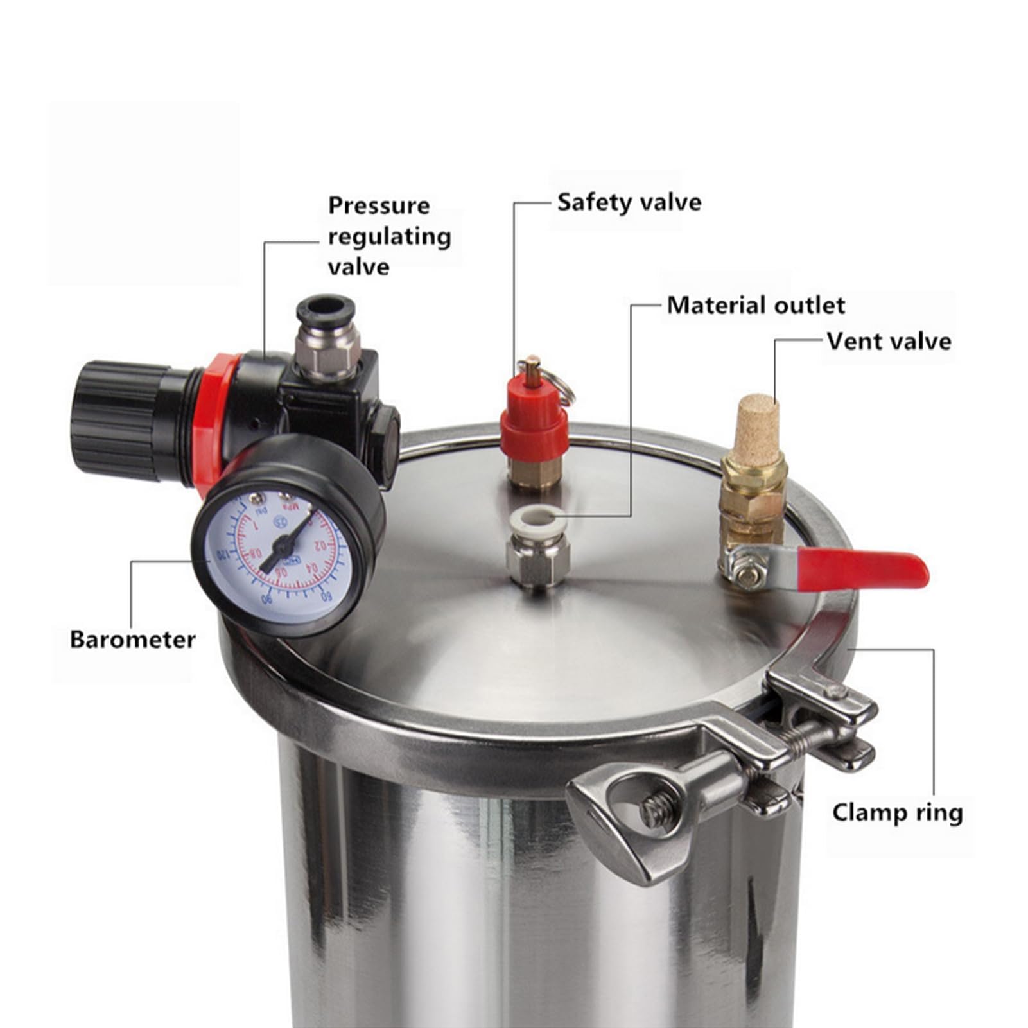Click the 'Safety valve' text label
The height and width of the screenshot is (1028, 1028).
629,202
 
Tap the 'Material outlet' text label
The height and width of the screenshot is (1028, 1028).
756,305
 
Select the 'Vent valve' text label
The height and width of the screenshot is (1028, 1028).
888,341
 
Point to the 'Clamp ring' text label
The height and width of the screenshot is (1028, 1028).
897,812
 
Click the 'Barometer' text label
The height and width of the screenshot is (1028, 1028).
132,640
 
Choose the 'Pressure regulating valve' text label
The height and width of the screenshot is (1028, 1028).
389,236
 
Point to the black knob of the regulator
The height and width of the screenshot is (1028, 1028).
116,417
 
